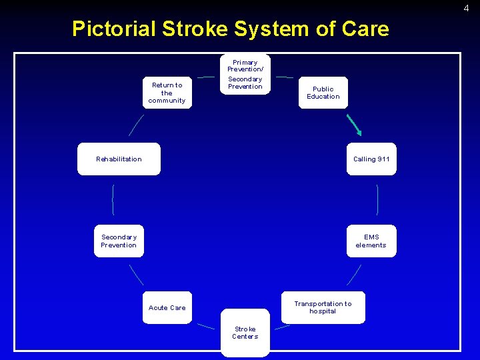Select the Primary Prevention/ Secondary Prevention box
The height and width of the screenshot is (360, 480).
[x=245, y=74]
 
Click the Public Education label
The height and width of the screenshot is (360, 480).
[x=323, y=93]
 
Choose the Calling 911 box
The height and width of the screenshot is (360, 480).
[x=371, y=159]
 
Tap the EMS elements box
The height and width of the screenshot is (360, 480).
[x=371, y=241]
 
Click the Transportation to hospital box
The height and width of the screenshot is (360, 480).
[x=323, y=307]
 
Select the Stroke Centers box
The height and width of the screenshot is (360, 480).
[x=245, y=333]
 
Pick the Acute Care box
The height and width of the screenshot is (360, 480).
[x=167, y=307]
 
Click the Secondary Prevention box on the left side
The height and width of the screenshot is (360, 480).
[x=119, y=241]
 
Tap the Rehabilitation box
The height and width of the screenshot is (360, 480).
[x=119, y=159]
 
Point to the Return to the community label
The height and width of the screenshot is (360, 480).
[x=167, y=93]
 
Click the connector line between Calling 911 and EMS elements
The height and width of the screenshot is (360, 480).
[x=378, y=199]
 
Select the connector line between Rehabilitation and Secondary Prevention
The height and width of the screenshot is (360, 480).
[x=113, y=199]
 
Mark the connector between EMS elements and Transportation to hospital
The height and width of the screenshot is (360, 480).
[x=354, y=275]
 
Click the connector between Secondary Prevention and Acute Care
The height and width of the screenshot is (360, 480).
[x=136, y=275]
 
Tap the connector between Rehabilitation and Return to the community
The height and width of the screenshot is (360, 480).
[x=136, y=125]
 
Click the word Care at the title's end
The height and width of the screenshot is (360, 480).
[x=365, y=29]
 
